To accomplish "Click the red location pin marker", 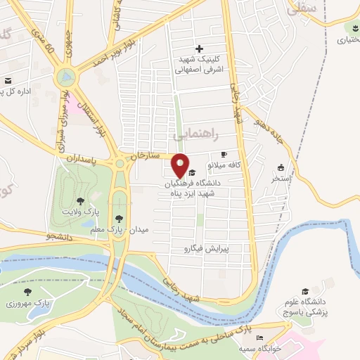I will (x=181, y=165).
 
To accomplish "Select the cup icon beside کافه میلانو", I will (x=224, y=154).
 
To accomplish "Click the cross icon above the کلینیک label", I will (x=200, y=49).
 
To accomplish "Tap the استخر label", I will (x=281, y=179).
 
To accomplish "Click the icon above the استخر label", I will (x=281, y=168).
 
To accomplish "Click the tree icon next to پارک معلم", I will (x=119, y=219).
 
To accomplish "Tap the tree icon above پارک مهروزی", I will (x=28, y=292).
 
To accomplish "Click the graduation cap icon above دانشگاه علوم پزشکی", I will (x=305, y=291).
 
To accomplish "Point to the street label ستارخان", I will (x=150, y=153).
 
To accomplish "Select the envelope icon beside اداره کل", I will (x=8, y=81).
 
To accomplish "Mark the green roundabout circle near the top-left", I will (x=66, y=75).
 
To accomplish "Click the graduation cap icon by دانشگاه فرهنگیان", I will (x=192, y=172).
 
